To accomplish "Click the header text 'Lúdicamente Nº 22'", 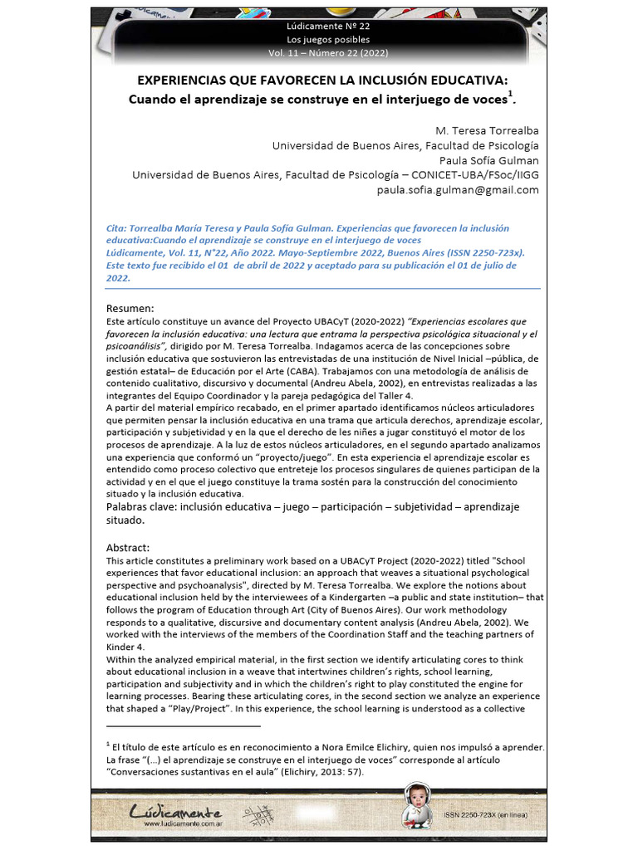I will pyautogui.click(x=328, y=27).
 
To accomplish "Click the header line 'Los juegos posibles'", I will pyautogui.click(x=328, y=40).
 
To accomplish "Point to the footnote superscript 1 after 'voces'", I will pyautogui.click(x=509, y=93).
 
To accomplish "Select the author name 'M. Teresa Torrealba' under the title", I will pyautogui.click(x=487, y=131).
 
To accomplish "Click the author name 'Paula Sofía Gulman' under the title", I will pyautogui.click(x=488, y=160).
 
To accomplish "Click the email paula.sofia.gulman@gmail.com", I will pyautogui.click(x=458, y=189).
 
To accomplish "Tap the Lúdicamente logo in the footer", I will pyautogui.click(x=175, y=812).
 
